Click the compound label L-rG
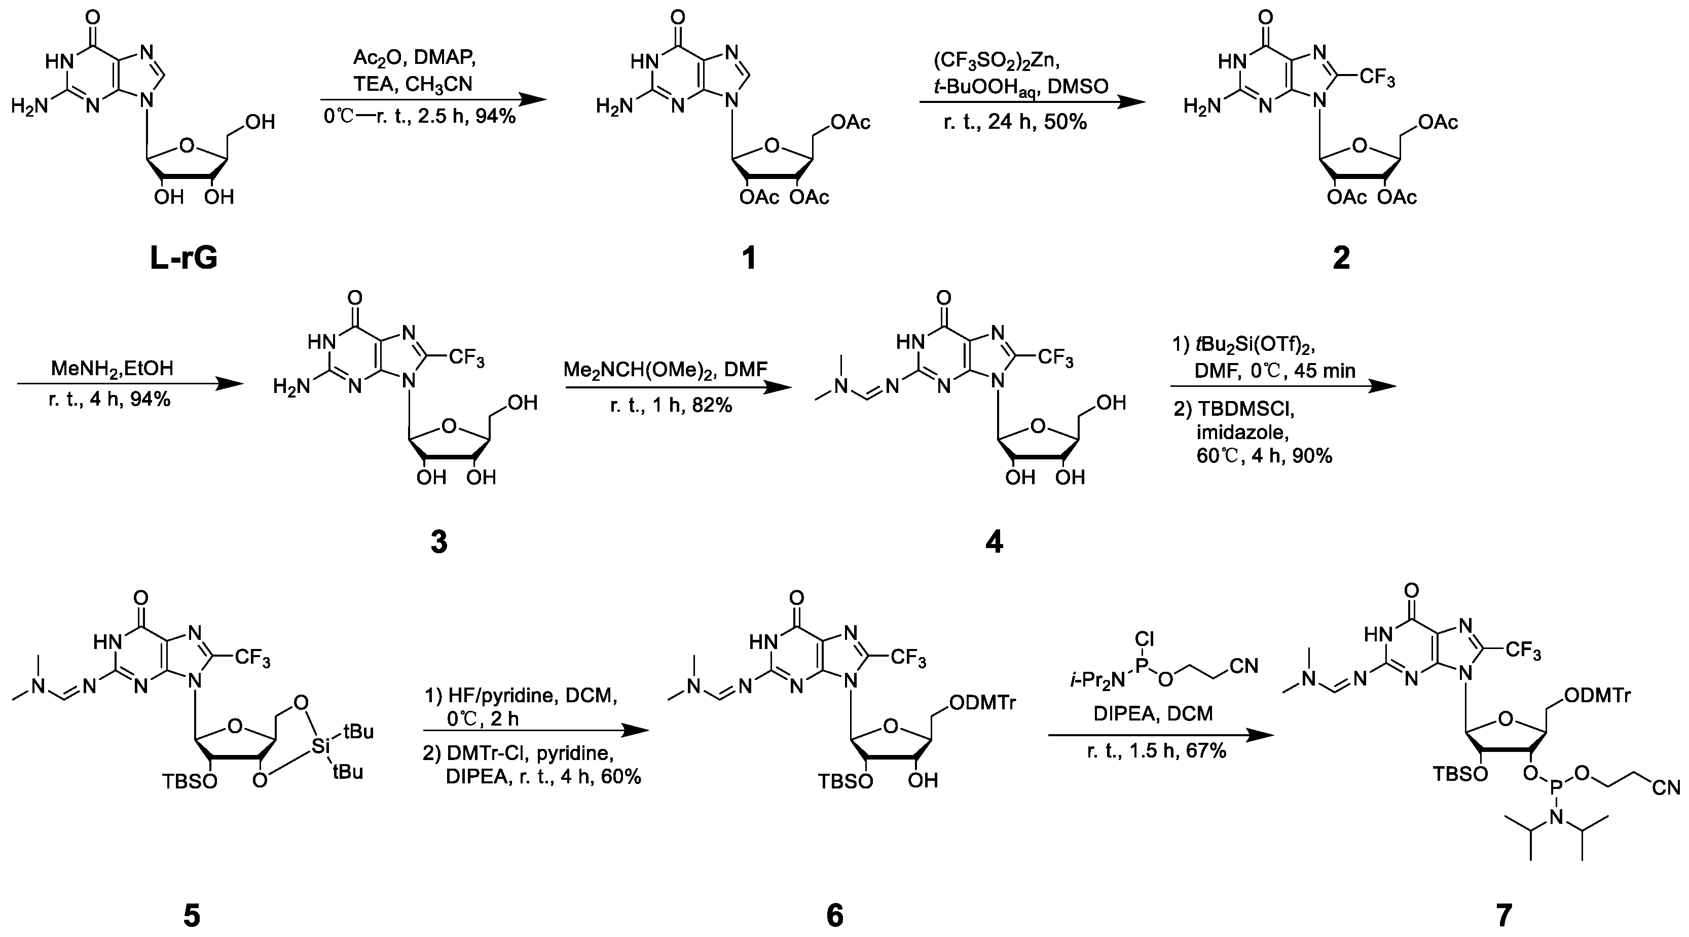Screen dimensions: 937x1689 pyautogui.click(x=183, y=259)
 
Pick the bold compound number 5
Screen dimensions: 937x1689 pyautogui.click(x=192, y=915)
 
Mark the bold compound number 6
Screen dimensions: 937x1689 pyautogui.click(x=835, y=915)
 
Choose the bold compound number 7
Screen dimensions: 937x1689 pyautogui.click(x=1504, y=915)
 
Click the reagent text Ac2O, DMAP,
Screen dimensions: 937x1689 pyautogui.click(x=414, y=58)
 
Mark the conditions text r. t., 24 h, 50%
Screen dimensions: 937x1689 pyautogui.click(x=1015, y=121)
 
